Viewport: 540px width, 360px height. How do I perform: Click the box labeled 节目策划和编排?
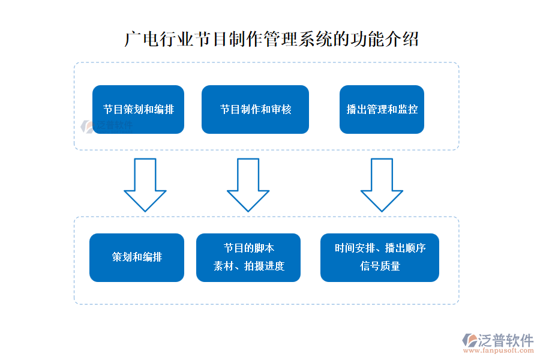(x=138, y=109)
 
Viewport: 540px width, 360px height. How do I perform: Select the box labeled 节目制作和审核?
(x=255, y=109)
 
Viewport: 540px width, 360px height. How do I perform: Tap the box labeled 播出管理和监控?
(x=382, y=109)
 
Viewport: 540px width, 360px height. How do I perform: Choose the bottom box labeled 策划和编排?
(x=137, y=257)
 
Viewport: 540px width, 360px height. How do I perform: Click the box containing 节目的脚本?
(x=248, y=257)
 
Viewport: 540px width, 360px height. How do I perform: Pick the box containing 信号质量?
(x=380, y=257)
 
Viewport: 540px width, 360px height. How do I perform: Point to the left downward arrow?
(x=145, y=183)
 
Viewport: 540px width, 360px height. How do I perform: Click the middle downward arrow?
(x=248, y=183)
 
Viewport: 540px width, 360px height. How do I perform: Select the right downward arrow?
(x=382, y=183)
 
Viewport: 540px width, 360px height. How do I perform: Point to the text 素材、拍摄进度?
(x=248, y=266)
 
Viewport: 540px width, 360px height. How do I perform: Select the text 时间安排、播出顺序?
(x=380, y=248)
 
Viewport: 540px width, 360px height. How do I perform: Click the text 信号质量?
(x=380, y=266)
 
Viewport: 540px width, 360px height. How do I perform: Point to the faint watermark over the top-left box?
(x=108, y=125)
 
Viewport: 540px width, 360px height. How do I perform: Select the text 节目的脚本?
(x=248, y=248)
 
